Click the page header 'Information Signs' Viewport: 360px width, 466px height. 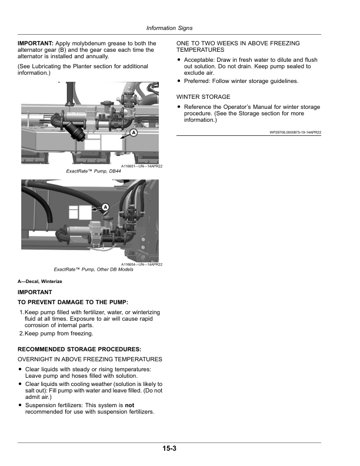point(169,28)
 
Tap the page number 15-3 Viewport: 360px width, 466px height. point(169,448)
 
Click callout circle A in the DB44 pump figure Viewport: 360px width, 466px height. point(134,132)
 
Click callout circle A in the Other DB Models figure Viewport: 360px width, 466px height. point(105,207)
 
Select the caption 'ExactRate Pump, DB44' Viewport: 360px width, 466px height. point(94,171)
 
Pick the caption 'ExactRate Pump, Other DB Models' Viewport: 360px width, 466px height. point(94,269)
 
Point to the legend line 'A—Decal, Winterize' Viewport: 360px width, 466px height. point(40,281)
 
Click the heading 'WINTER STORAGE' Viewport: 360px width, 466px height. point(203,97)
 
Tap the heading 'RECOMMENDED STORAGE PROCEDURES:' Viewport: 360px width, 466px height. point(79,349)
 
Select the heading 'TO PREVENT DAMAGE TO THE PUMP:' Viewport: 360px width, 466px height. point(73,302)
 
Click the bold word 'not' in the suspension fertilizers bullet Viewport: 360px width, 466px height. point(129,405)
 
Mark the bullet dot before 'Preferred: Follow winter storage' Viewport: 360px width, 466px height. point(179,81)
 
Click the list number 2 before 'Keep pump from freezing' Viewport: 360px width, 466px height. point(21,334)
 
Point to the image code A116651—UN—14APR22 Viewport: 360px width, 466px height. point(142,167)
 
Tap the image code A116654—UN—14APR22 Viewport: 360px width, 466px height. point(142,265)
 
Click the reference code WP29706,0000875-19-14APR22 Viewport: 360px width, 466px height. point(295,132)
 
